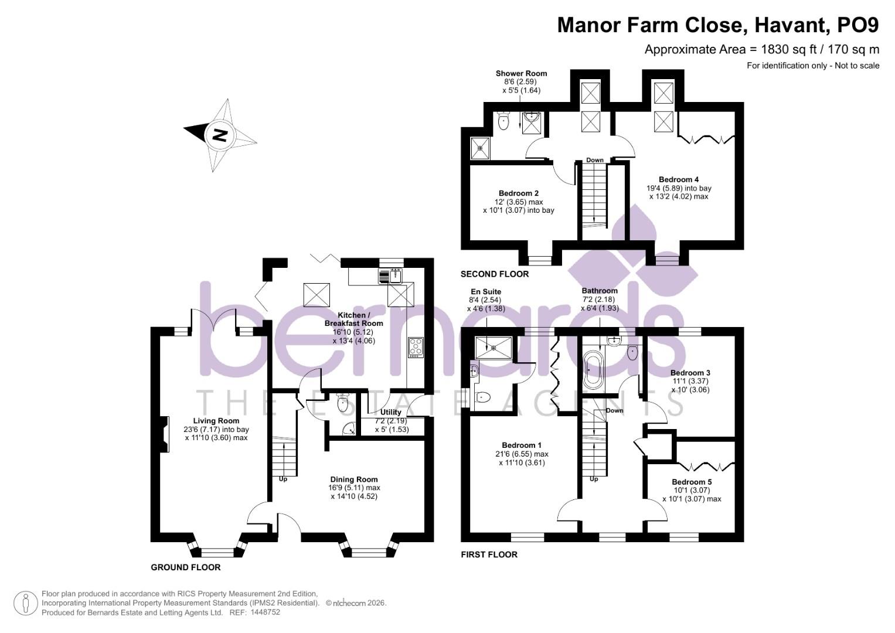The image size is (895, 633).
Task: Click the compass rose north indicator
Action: pyautogui.click(x=219, y=135)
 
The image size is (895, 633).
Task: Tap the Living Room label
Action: pyautogui.click(x=216, y=421)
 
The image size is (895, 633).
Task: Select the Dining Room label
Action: pyautogui.click(x=353, y=479)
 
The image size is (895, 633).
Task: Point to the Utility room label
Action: pyautogui.click(x=391, y=412)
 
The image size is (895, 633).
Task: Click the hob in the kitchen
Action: pyautogui.click(x=416, y=347)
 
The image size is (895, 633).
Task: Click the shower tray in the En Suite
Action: pyautogui.click(x=494, y=347)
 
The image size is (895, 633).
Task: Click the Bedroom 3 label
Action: pyautogui.click(x=690, y=373)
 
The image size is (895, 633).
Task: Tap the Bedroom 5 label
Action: pyautogui.click(x=692, y=482)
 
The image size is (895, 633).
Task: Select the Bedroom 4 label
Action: pyautogui.click(x=679, y=180)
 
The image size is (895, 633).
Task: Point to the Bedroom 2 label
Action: pyautogui.click(x=519, y=193)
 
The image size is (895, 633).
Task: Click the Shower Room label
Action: pyautogui.click(x=521, y=73)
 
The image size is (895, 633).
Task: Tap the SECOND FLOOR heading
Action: pyautogui.click(x=495, y=274)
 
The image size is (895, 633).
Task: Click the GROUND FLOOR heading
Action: pyautogui.click(x=186, y=567)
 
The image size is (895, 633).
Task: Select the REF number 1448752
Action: pyautogui.click(x=265, y=612)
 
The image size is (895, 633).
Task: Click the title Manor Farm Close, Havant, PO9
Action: pyautogui.click(x=717, y=25)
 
